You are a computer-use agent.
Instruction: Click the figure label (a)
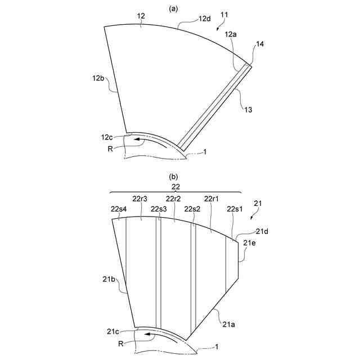pos(173,9)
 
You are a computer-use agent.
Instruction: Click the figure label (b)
pos(173,177)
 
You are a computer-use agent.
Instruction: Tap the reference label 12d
pos(205,19)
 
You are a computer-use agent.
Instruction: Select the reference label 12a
pos(231,34)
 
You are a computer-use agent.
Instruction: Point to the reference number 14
pos(260,44)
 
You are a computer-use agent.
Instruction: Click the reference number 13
pos(248,110)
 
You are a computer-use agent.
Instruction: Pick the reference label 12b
pos(98,78)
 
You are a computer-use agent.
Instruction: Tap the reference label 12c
pos(107,137)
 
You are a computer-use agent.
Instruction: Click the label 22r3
pos(140,199)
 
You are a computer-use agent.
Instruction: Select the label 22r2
pos(174,199)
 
